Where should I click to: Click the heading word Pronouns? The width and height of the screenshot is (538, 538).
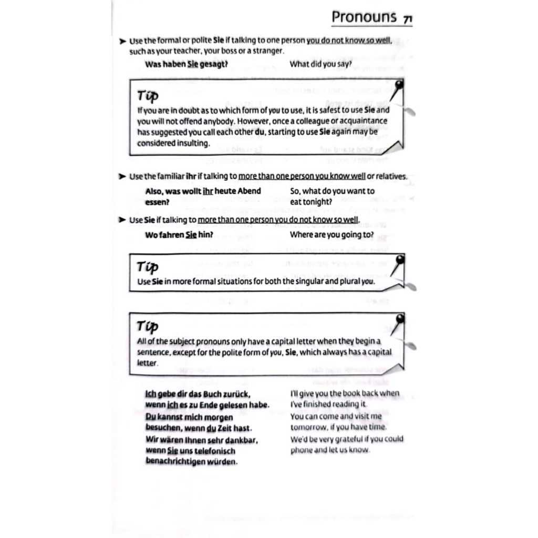pos(364,17)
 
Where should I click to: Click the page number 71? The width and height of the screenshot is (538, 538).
pos(407,19)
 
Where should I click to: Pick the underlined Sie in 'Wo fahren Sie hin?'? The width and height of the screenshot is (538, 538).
pos(191,235)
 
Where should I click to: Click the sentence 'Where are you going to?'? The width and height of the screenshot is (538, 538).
pos(332,235)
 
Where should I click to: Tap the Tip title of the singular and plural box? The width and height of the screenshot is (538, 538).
pos(148,267)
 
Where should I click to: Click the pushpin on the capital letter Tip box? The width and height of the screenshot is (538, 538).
pos(400,319)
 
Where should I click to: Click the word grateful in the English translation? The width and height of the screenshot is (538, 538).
pos(339,439)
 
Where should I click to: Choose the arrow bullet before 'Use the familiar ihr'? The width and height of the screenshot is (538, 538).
pos(122,177)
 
